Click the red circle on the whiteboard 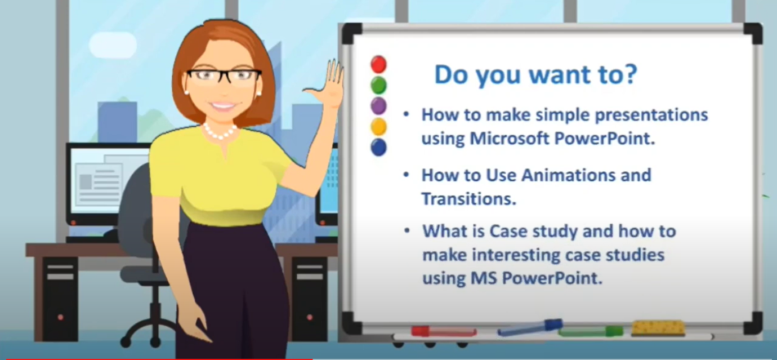[378, 64]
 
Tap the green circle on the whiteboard [378, 85]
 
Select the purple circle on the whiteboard [378, 105]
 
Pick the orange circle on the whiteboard [378, 126]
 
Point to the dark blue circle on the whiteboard [378, 147]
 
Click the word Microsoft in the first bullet [509, 138]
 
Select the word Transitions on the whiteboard [469, 199]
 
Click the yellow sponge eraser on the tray [658, 328]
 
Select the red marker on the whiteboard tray [444, 331]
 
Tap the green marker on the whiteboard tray [591, 331]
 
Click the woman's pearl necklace [220, 132]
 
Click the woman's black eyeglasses [224, 76]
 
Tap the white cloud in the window [113, 45]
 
